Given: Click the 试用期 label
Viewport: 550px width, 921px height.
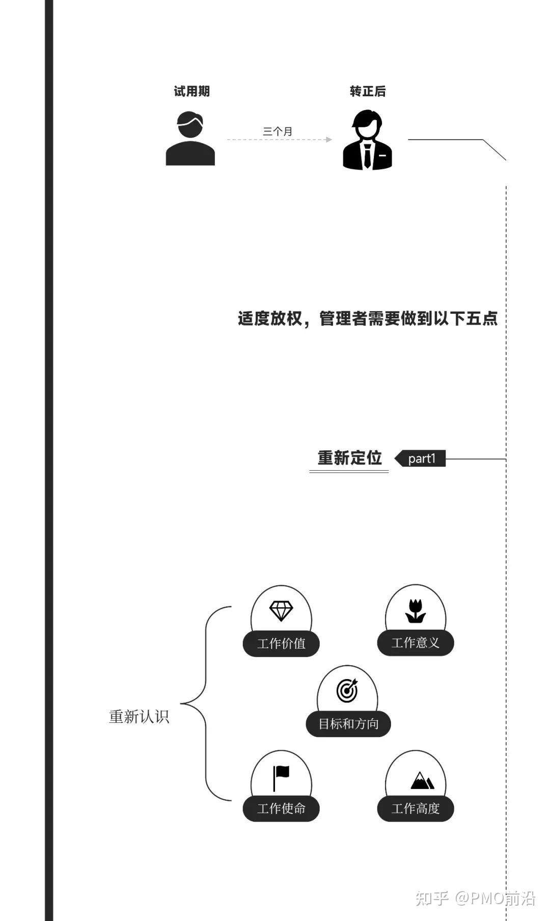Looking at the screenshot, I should click(x=191, y=91).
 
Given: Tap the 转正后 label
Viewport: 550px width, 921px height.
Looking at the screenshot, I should click(x=367, y=91).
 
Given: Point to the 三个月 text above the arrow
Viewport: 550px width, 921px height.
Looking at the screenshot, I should click(x=278, y=131).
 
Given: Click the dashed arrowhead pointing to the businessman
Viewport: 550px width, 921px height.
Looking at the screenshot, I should click(x=329, y=139).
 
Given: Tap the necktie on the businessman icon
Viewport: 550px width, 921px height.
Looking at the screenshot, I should click(x=367, y=156).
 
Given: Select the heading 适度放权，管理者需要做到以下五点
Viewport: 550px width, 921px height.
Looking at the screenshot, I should click(x=367, y=318).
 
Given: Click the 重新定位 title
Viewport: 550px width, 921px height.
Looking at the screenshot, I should click(x=349, y=457).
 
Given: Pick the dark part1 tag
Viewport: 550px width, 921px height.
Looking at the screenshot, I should click(x=421, y=458).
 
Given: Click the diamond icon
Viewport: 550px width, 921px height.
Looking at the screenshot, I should click(x=281, y=611).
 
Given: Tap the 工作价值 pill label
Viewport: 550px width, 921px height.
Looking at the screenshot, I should click(x=281, y=643).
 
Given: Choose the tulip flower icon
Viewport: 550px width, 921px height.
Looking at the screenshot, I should click(x=416, y=611).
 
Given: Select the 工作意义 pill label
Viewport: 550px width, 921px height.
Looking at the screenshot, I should click(x=416, y=643).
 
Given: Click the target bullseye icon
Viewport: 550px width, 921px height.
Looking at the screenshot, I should click(x=347, y=691).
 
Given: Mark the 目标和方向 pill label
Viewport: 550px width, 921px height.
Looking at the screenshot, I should click(x=348, y=724).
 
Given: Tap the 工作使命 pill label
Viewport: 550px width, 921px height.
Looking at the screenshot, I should click(x=281, y=808).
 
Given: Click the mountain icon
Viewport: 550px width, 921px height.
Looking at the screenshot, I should click(x=422, y=780).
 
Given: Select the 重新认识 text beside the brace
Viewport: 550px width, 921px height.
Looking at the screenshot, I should click(x=139, y=717).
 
